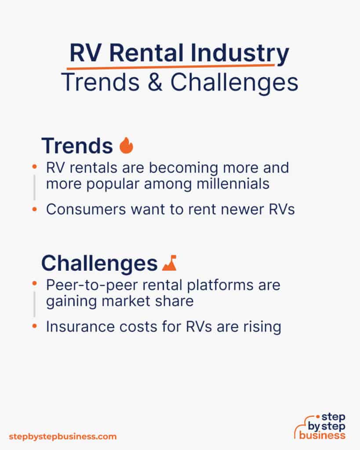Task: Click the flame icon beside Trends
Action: (x=126, y=146)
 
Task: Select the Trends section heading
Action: (x=77, y=146)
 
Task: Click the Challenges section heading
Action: (x=99, y=263)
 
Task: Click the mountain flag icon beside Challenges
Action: (x=169, y=263)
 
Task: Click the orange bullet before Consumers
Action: (x=34, y=210)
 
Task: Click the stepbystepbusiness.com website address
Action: (x=63, y=436)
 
